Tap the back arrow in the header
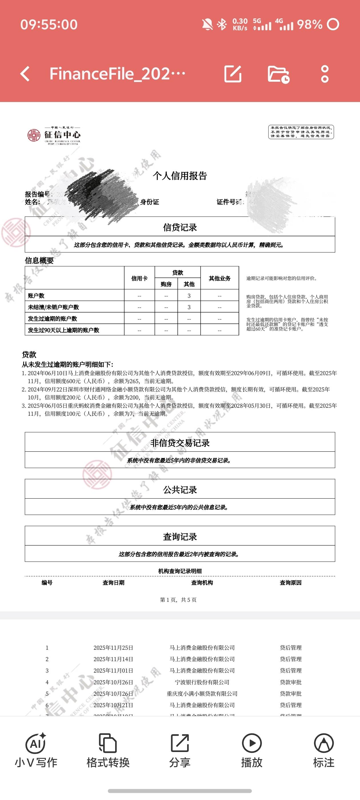coord(25,74)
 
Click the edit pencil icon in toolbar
coord(233,74)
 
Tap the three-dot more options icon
coord(325,74)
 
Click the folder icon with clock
coord(278,74)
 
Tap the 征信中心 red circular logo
coord(33,135)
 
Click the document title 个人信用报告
coord(180,176)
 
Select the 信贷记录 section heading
coord(180,227)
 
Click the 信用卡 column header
coord(139,278)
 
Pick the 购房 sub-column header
coord(166,284)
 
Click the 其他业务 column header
coord(220,278)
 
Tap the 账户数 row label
coord(36,296)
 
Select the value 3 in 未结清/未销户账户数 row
coord(189,307)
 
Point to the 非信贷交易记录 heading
coord(180,443)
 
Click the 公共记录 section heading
coord(180,490)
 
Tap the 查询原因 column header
coord(290,583)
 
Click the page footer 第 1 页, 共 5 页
coord(178,600)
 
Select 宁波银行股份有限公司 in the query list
coord(202,682)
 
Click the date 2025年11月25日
coord(113,648)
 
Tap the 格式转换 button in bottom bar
coord(108,750)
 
